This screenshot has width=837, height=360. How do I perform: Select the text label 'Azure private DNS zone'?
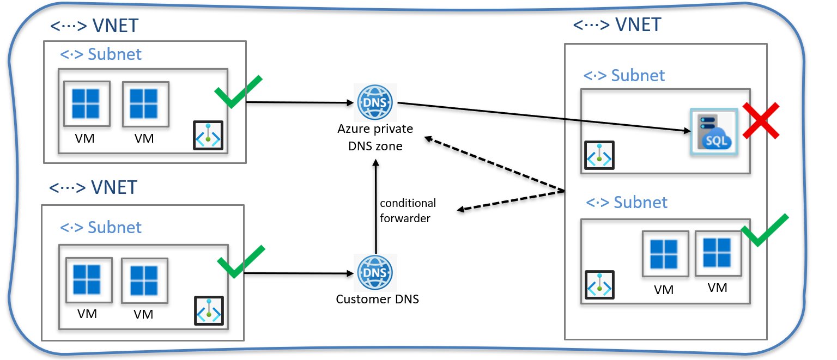[x=374, y=137]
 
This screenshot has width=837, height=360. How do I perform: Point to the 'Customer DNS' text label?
[x=377, y=299]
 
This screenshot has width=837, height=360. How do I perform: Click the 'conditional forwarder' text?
[x=408, y=210]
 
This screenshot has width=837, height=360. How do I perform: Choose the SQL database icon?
[x=713, y=132]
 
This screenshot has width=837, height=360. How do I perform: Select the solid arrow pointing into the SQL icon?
[x=545, y=117]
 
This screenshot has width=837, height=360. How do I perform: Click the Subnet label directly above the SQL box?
[x=624, y=75]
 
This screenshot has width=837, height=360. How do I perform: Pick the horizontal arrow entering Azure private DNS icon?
[x=300, y=102]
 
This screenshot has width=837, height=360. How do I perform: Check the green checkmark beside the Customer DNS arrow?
[x=240, y=261]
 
